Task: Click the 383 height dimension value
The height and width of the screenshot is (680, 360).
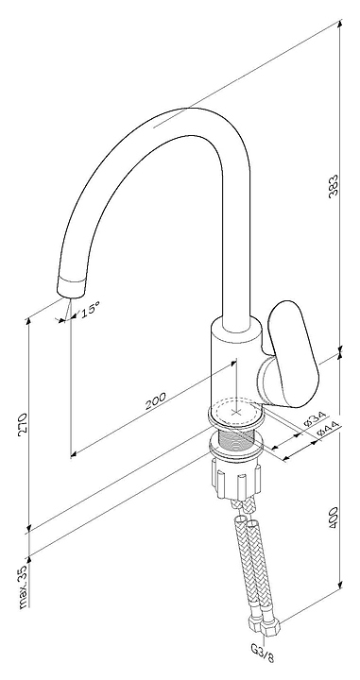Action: coord(333,186)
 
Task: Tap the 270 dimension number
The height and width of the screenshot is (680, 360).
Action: coord(23,424)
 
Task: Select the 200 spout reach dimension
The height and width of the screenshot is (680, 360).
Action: coord(155,400)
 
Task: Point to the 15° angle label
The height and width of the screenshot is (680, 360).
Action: coord(90,310)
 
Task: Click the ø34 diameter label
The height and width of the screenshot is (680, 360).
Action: coord(315,419)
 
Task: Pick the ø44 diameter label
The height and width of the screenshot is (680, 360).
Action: coord(328,429)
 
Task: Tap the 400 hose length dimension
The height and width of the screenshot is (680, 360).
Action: coord(334,518)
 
